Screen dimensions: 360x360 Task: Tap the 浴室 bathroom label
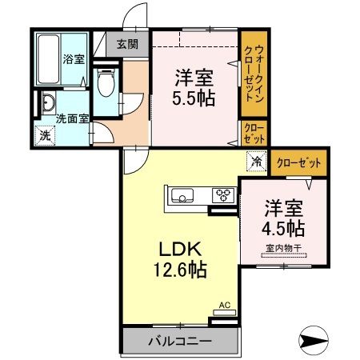(74, 58)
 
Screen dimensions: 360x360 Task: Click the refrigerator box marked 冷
(257, 162)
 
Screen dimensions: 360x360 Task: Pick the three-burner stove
(222, 196)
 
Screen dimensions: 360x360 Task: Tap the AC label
(226, 306)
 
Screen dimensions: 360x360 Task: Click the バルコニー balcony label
(180, 341)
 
